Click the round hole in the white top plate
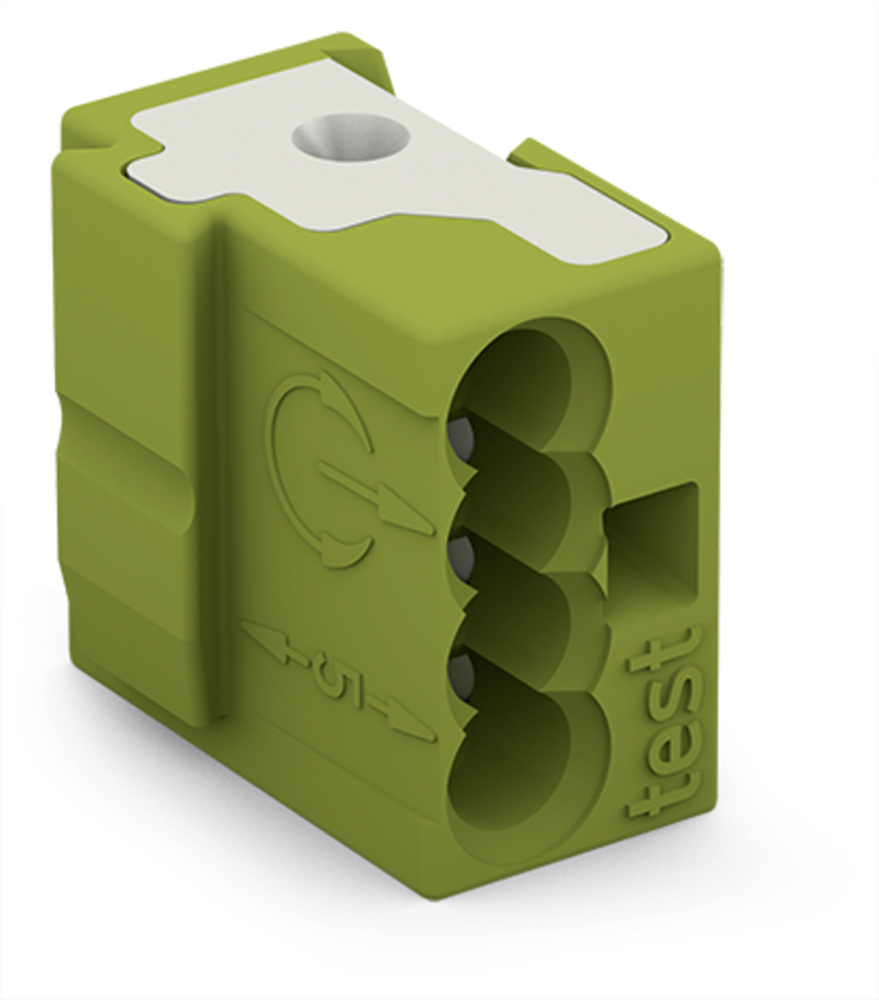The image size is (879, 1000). click(x=351, y=137)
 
